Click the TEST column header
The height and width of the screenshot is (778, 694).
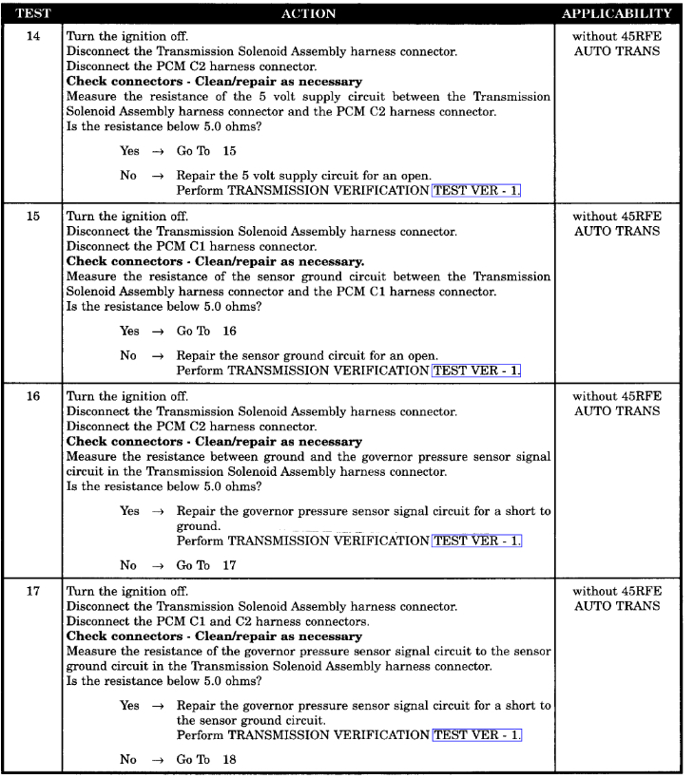point(31,14)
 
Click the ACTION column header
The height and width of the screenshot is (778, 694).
point(309,14)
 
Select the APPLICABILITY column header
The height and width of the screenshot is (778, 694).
point(617,14)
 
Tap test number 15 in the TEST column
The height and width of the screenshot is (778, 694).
point(31,217)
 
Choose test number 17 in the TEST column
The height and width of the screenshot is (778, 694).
point(31,590)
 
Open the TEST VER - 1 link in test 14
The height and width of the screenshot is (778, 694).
point(476,190)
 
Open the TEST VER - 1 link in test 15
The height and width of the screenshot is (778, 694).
point(476,370)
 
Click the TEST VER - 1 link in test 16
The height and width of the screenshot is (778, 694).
point(476,541)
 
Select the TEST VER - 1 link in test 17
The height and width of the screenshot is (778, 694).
point(476,734)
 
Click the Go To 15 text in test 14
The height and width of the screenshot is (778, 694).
point(206,151)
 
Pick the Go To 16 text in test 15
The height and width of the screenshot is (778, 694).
point(206,331)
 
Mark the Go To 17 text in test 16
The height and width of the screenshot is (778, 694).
point(206,565)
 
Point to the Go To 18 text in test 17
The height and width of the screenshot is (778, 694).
point(206,759)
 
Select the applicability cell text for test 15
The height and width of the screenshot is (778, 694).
point(617,223)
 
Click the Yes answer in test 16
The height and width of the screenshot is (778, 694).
point(129,511)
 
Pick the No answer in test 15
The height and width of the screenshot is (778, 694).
point(128,355)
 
